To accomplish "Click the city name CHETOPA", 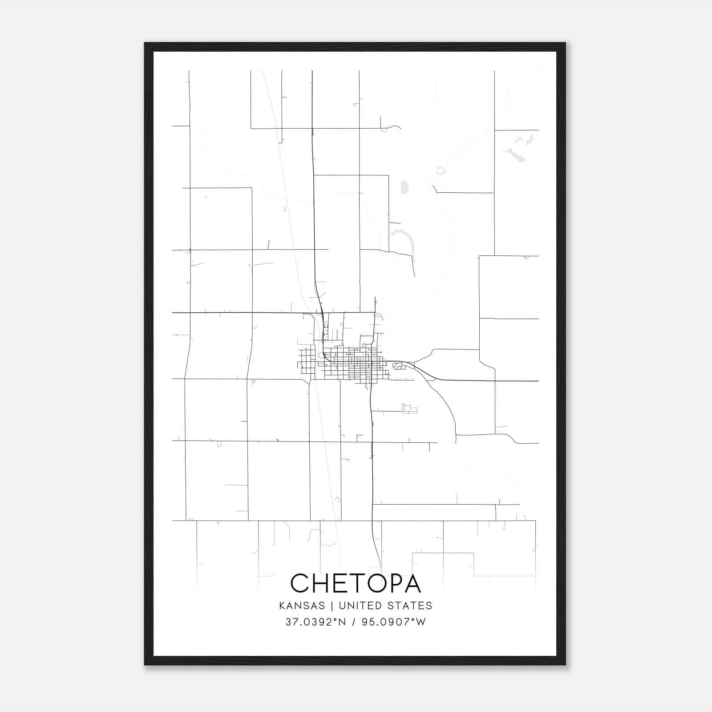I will (x=356, y=583).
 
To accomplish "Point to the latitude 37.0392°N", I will (x=316, y=622).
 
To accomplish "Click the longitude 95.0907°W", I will (x=393, y=622).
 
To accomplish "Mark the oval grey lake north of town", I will (x=404, y=188).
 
